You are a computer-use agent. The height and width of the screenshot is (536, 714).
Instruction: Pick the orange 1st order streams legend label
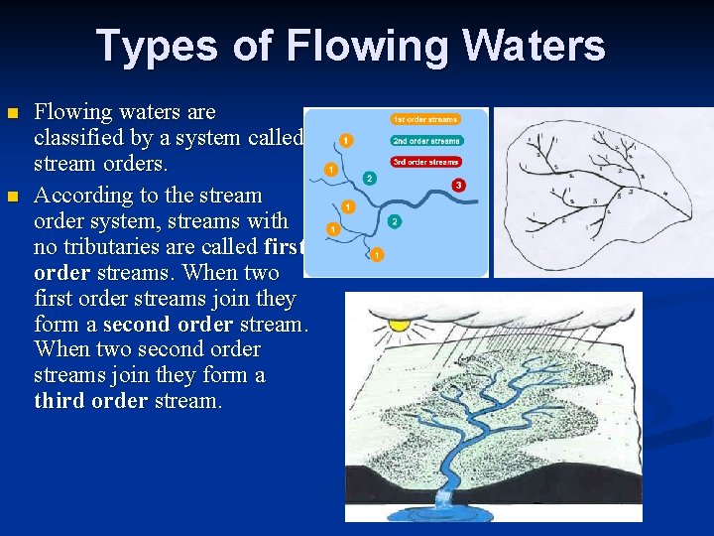(424, 119)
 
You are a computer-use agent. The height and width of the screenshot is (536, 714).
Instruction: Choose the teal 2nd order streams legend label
(426, 140)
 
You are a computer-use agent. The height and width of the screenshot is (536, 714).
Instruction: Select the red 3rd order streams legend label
(426, 161)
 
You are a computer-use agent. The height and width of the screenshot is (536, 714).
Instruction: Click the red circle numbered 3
(458, 185)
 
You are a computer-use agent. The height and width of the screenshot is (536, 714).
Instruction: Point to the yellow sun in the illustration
(400, 323)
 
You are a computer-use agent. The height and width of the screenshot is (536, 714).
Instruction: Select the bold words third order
(91, 401)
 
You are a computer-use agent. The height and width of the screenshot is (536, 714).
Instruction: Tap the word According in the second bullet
(81, 196)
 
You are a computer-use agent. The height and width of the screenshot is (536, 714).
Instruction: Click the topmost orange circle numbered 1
(343, 140)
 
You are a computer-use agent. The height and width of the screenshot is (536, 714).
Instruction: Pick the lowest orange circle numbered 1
(378, 255)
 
